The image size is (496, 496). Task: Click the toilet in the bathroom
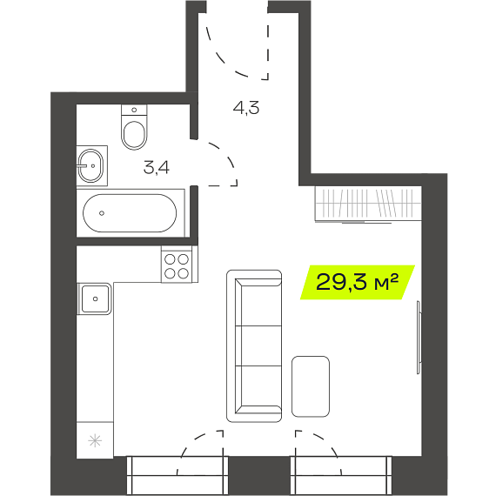coord(134,127)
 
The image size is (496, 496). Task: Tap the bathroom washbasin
coord(90,165)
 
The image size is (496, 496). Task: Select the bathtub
coord(131,213)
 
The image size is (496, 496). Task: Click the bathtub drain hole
coord(102,213)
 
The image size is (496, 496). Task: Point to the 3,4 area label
coord(157,168)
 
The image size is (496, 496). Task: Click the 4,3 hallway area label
coord(246,108)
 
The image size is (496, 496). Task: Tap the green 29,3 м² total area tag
coord(358,282)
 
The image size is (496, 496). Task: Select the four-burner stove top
coord(177,265)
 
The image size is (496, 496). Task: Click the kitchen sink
coord(95,298)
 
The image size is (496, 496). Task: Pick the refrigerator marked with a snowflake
coord(95,440)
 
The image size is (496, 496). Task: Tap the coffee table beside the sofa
coord(311,386)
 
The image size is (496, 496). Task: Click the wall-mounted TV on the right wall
coord(419,338)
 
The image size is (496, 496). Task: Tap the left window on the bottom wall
coord(178,475)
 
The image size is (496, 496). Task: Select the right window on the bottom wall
coord(341,475)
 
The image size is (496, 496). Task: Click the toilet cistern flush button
coord(134,110)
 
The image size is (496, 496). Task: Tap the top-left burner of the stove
coord(170,259)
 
